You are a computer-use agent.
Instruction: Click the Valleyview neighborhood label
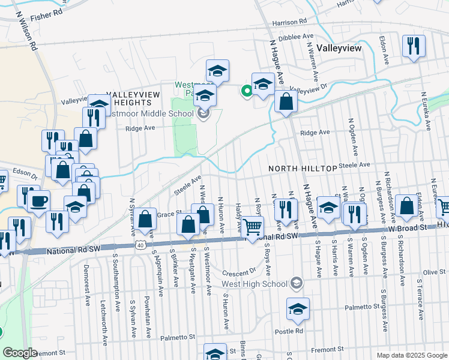[340, 49]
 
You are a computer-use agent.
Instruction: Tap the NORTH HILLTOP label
[302, 170]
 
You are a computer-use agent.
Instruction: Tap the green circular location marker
[246, 91]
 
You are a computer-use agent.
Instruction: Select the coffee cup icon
[39, 200]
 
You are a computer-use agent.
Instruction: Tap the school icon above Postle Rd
[297, 310]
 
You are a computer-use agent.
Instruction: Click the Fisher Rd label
[49, 11]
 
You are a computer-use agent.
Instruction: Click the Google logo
[20, 353]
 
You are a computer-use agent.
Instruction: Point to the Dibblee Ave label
[292, 36]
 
